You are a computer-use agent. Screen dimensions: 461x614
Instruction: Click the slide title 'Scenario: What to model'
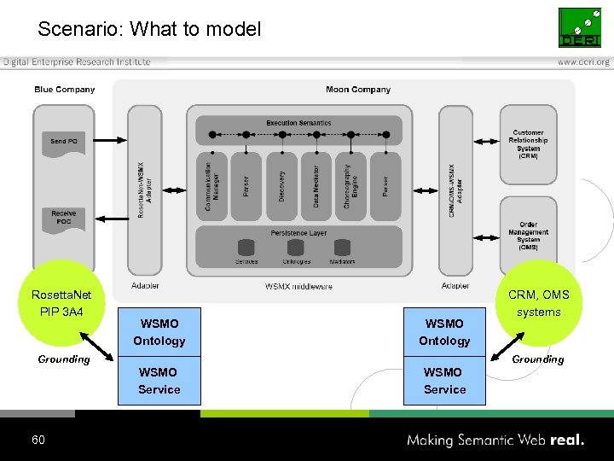(149, 29)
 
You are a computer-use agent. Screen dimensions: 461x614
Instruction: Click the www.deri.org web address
(583, 62)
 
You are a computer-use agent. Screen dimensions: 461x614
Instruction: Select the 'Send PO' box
(64, 142)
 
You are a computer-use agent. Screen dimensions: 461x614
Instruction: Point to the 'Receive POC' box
(64, 218)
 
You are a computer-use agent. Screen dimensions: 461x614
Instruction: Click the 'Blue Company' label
(65, 90)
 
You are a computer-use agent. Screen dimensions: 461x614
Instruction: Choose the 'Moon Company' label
(358, 90)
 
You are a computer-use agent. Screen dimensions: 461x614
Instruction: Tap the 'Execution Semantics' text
(298, 123)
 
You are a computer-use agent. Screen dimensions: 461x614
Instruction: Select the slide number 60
(38, 440)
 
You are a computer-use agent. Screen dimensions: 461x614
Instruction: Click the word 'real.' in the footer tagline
(567, 441)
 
